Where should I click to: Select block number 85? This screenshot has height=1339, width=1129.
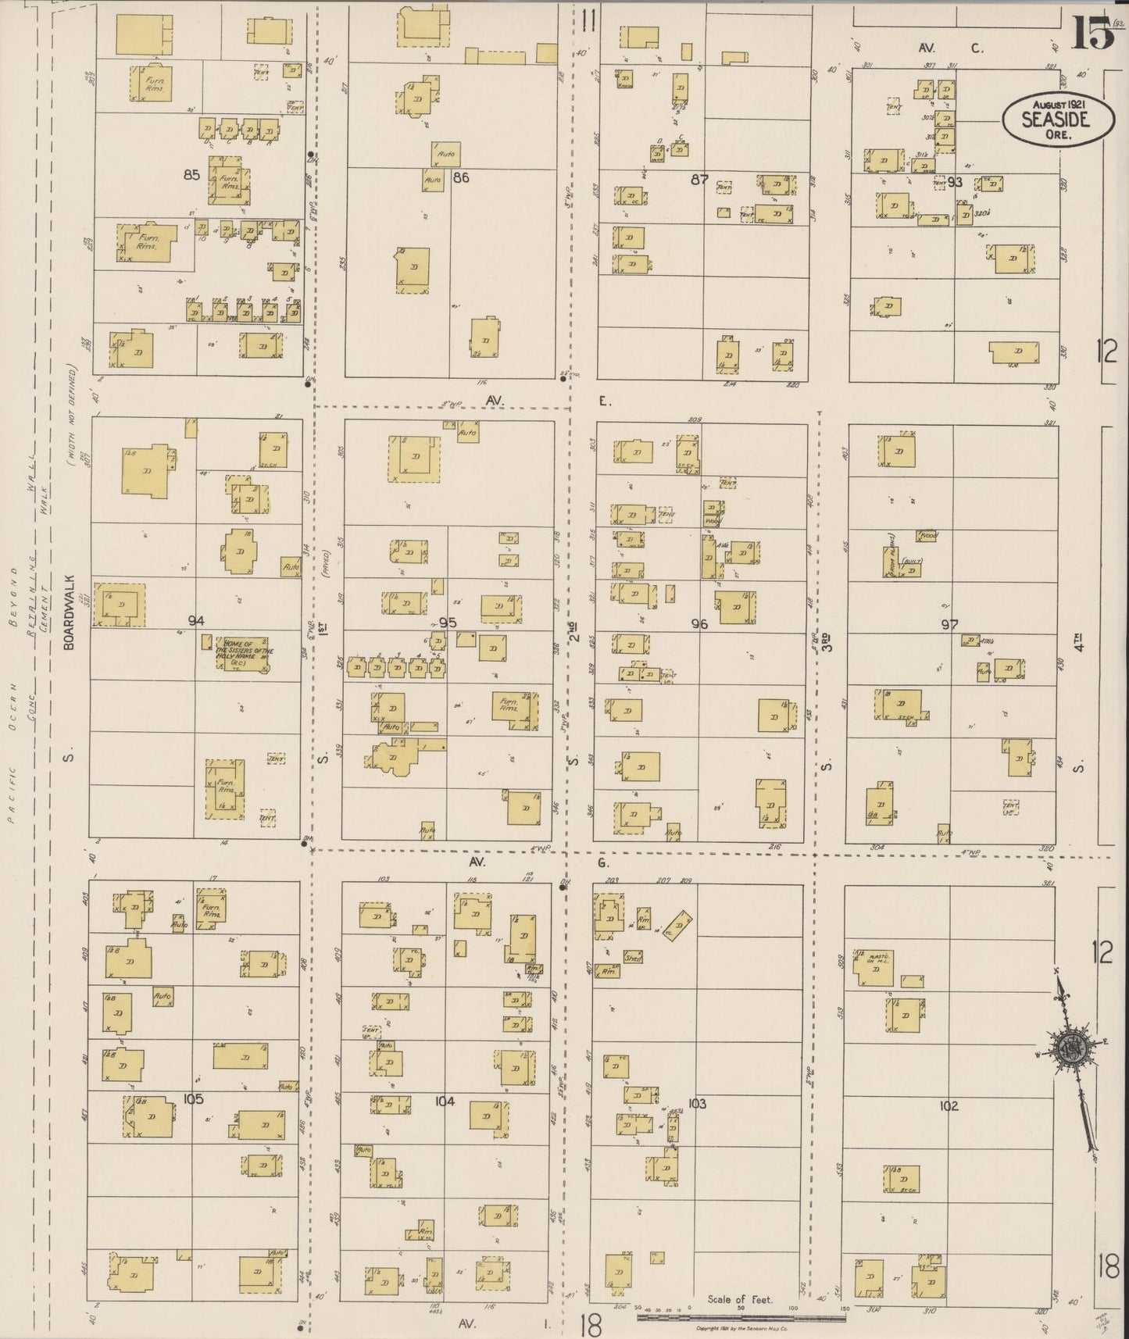192,175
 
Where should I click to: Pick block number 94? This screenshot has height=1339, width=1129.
196,620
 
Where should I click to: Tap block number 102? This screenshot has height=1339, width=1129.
949,1106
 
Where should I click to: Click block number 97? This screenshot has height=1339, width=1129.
949,624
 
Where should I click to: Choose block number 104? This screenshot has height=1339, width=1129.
445,1102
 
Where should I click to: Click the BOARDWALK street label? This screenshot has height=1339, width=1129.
69,609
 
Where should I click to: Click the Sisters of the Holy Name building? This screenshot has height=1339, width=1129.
244,655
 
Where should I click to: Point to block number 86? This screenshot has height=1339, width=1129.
461,177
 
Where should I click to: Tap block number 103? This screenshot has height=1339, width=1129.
697,1104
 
